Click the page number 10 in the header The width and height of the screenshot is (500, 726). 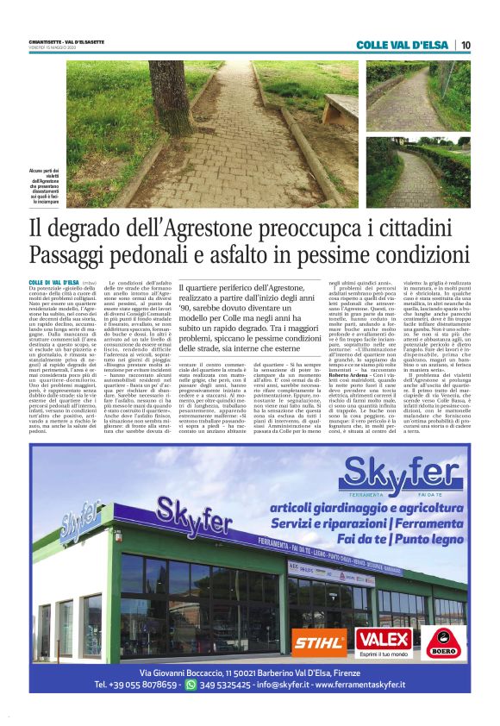point(466,46)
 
